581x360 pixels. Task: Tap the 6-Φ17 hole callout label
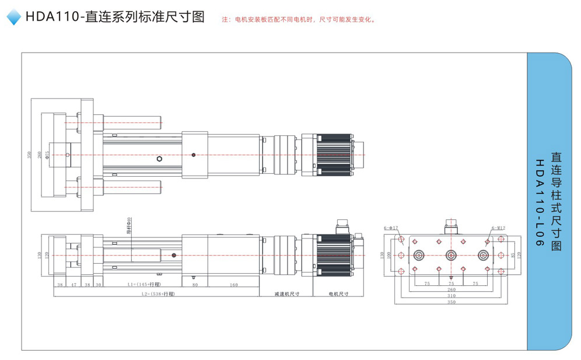coord(391,228)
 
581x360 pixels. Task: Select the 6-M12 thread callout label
coord(498,228)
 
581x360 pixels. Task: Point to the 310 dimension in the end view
coord(451,296)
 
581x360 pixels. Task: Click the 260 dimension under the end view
coord(451,289)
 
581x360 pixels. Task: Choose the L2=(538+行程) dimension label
coord(157,294)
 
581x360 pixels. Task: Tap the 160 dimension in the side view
coord(233,284)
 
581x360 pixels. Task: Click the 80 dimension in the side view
coord(195,284)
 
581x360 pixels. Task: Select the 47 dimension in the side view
coord(73,284)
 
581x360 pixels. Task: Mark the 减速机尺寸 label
coord(286,294)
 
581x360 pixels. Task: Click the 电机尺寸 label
coord(338,294)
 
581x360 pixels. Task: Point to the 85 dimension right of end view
coord(512,255)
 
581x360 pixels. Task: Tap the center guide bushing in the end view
coord(450,255)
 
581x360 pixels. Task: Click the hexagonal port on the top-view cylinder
coord(160,158)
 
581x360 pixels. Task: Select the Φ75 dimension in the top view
coord(48,155)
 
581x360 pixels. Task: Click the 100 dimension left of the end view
coord(389,255)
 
